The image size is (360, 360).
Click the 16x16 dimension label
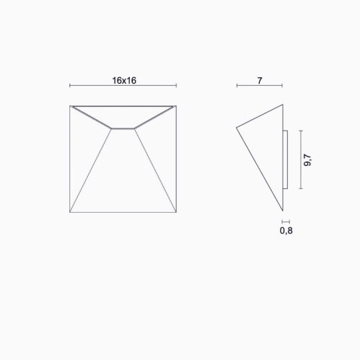pos(124,81)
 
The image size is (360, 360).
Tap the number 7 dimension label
pos(260,81)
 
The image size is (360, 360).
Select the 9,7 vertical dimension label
pos(307,159)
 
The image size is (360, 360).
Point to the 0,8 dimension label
pos(286,231)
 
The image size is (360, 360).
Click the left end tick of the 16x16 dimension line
pos(70,85)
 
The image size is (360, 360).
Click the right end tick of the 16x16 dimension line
pos(176,85)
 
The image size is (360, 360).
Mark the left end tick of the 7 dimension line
pos(237,85)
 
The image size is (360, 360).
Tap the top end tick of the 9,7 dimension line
pos(301,131)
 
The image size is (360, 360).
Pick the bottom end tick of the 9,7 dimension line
pos(301,188)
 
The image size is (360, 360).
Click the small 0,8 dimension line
pos(286,221)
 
